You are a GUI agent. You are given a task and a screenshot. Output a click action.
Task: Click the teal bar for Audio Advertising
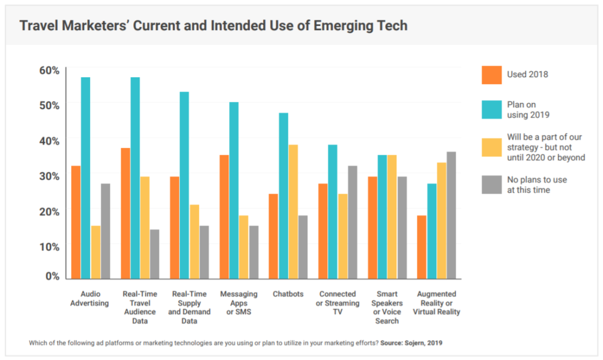tap(85, 178)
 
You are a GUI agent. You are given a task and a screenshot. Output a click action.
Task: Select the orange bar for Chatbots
tap(273, 236)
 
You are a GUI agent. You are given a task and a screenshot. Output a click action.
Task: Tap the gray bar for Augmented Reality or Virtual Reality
tap(452, 216)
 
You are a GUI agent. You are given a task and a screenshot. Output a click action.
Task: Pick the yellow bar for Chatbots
tap(293, 212)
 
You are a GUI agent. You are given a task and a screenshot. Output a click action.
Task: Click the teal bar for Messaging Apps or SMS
tap(234, 190)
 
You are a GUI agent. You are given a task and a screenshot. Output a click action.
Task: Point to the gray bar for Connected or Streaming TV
tap(352, 222)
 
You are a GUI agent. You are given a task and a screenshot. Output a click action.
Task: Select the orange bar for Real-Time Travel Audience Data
tap(125, 213)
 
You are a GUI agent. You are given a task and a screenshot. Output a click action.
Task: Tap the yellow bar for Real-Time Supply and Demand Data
tap(194, 242)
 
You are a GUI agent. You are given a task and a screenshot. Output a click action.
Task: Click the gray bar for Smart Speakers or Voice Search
tap(402, 227)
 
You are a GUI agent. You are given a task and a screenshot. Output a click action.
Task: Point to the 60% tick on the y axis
tap(66, 67)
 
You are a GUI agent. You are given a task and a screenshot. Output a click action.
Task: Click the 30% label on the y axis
tap(49, 176)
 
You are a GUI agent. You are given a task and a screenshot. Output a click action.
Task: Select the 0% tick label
tap(52, 276)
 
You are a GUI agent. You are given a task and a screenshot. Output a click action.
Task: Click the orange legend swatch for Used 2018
tap(492, 75)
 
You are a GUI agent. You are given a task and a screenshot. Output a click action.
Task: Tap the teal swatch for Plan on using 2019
tap(492, 110)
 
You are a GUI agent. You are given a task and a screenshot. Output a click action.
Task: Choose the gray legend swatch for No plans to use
tap(492, 184)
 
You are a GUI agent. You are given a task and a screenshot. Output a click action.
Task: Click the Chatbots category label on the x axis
tap(288, 294)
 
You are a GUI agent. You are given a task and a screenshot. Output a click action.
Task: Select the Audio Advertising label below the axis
tap(90, 299)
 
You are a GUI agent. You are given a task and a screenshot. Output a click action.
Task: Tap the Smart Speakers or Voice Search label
tap(387, 308)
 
